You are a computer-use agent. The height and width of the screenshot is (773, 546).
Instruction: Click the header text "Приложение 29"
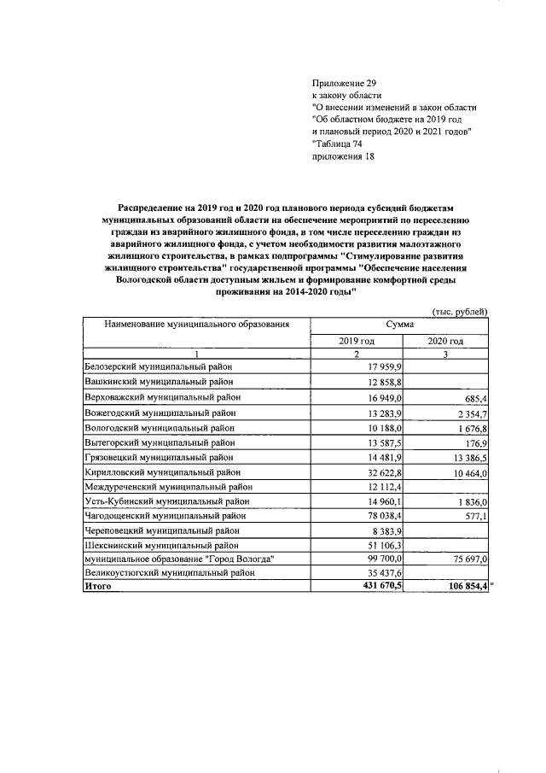[344, 83]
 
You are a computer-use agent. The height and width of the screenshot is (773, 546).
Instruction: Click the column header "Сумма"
[399, 325]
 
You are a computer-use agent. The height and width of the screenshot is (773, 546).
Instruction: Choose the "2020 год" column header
[445, 342]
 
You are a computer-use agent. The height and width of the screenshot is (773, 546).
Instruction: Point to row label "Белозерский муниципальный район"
[158, 366]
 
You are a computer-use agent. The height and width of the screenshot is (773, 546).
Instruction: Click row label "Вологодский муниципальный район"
[159, 428]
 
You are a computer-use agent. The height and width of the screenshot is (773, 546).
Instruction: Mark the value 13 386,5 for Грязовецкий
[463, 459]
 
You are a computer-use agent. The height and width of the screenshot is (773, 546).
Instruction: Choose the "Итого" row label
[98, 587]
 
